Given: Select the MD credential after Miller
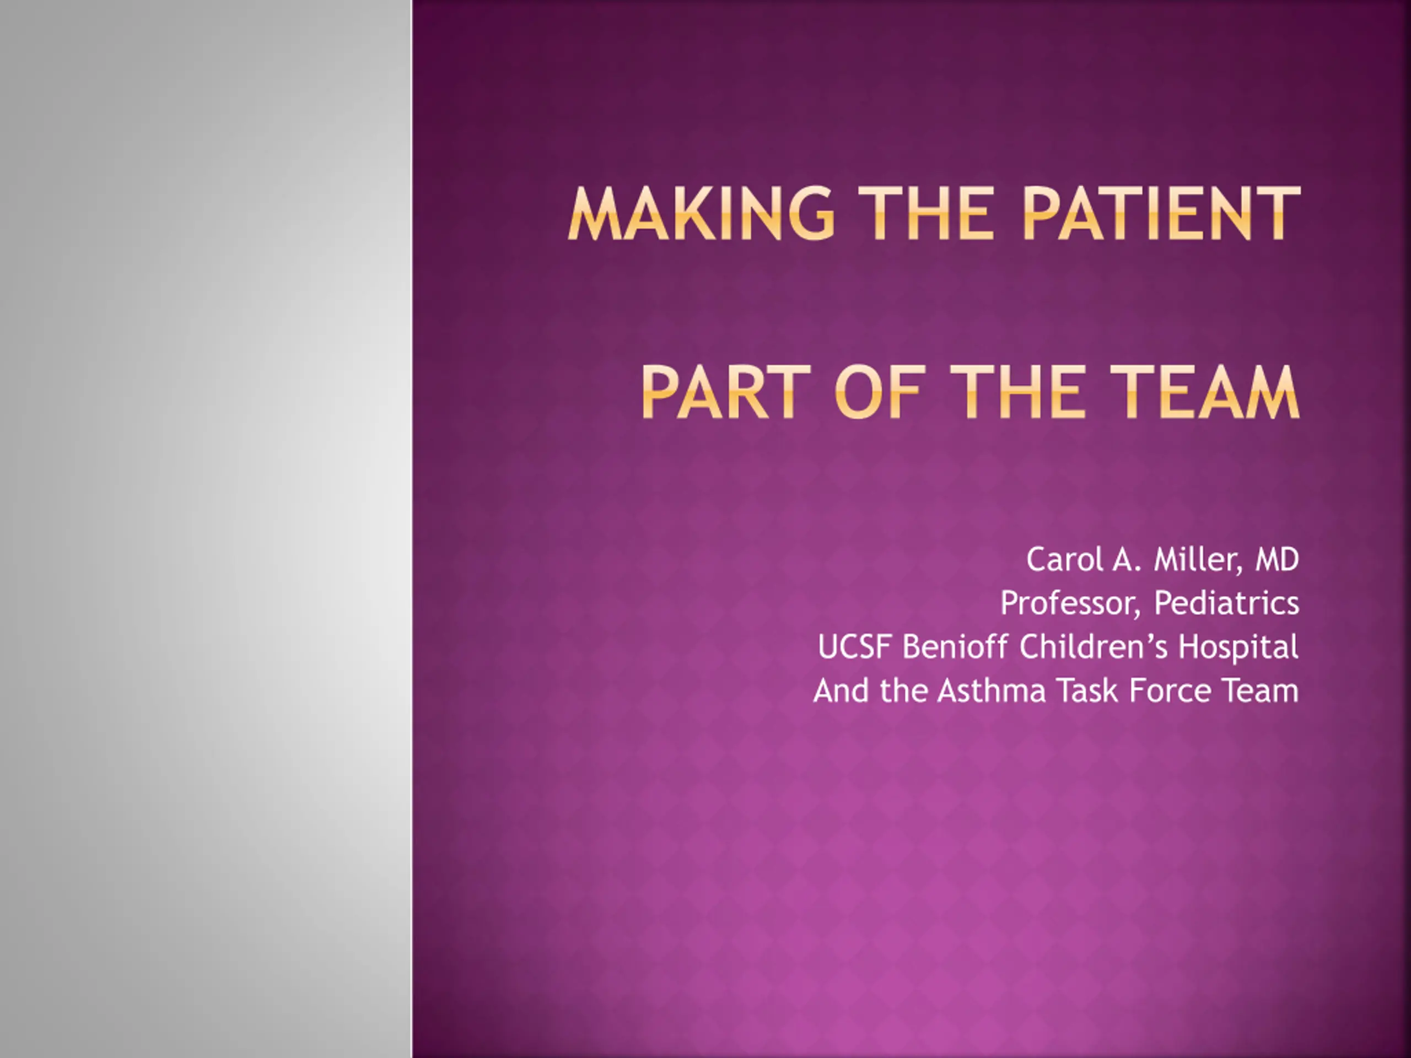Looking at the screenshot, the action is (1277, 560).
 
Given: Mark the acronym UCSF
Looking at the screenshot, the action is (854, 647).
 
